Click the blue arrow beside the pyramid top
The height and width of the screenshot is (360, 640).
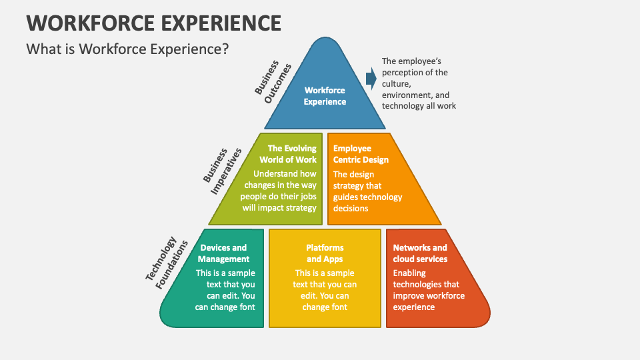371,79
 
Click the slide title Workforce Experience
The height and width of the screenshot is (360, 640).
153,22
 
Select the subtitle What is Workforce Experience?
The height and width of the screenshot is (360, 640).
127,49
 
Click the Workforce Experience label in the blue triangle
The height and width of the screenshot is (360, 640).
325,96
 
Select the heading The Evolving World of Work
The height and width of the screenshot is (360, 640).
288,154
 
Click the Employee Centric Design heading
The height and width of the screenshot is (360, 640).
361,154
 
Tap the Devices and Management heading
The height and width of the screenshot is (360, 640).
223,253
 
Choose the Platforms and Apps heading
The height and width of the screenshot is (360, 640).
325,253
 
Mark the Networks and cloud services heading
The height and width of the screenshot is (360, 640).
420,253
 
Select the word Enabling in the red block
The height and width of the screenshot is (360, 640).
409,273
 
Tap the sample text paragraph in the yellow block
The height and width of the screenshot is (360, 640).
325,290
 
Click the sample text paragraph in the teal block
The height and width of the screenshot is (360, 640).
225,290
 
